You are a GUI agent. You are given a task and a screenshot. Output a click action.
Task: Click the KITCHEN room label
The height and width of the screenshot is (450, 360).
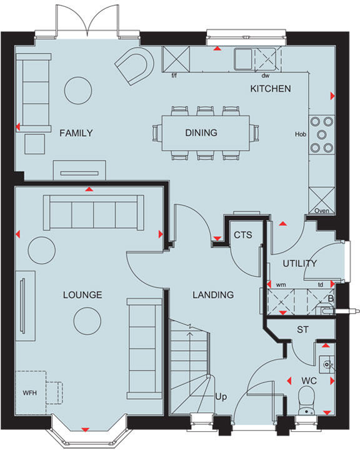[270, 89]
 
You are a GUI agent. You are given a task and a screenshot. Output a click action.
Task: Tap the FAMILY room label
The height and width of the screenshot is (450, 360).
[76, 132]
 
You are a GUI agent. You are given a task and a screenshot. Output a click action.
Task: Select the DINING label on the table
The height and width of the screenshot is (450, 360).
[201, 132]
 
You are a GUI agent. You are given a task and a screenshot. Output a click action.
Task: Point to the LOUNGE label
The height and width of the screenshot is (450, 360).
[82, 295]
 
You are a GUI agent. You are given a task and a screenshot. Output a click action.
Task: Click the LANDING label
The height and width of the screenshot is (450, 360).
[212, 295]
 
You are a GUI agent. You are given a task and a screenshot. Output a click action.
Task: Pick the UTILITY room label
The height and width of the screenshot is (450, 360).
[300, 264]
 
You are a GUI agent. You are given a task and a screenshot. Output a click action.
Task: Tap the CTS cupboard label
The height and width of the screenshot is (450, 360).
[242, 235]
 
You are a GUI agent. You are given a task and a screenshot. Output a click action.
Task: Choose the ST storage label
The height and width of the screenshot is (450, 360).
[303, 329]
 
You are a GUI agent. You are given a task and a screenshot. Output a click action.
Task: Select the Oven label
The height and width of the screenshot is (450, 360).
[321, 211]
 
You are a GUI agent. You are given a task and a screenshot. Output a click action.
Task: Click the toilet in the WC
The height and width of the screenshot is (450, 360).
[307, 397]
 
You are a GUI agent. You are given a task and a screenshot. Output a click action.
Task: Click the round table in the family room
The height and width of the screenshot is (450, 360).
[79, 90]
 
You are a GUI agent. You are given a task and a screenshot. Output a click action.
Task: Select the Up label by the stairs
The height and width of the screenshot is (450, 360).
[220, 397]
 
